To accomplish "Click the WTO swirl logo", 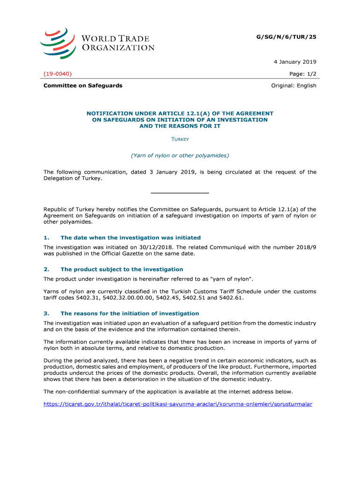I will point(57,43).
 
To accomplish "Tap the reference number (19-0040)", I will point(58,74).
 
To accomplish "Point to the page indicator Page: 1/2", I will point(302,74).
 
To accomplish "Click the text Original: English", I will point(294,86).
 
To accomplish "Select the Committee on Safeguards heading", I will point(83,86).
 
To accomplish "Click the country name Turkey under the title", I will point(180,139).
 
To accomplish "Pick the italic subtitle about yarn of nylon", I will point(180,155).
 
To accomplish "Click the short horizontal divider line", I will point(180,193).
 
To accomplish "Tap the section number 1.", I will point(46,238).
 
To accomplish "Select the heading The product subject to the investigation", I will point(122,269).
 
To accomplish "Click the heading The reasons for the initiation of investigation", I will point(130,313).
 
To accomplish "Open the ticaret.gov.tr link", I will point(178,404).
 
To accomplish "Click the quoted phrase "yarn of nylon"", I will point(231,279).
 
